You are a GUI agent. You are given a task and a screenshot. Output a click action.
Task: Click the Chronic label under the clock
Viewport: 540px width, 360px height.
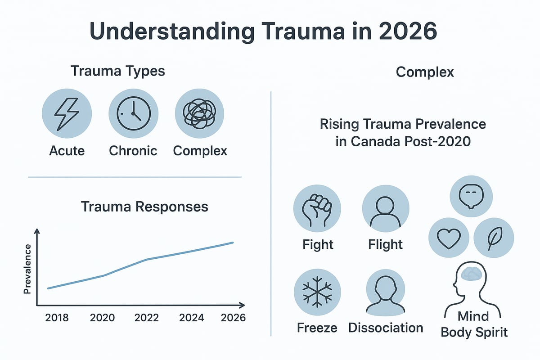coord(133,150)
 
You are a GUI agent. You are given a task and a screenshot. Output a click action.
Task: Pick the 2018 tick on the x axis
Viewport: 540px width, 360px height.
coord(57,317)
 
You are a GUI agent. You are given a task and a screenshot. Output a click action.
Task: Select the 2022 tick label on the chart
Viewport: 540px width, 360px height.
coord(146,317)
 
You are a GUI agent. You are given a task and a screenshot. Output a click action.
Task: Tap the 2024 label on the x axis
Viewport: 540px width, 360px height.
coord(192,317)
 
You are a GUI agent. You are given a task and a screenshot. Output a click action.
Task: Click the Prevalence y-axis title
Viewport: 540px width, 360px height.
coord(27,269)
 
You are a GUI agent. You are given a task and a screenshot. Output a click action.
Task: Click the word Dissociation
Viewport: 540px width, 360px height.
coord(386,328)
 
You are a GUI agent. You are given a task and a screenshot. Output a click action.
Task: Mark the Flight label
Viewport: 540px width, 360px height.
coord(386,244)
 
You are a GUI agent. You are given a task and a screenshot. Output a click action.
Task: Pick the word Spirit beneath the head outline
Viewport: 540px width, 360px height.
coord(490,333)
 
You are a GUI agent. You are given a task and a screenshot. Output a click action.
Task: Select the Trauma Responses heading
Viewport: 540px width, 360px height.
coord(144,207)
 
